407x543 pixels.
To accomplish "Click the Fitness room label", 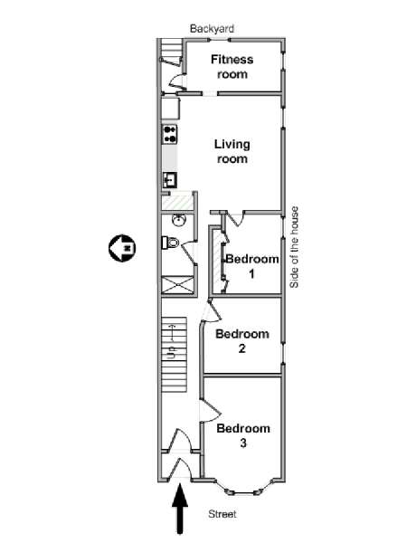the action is coord(232,67).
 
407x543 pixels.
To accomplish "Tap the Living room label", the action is coord(232,151).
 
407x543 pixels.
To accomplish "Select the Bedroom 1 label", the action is coord(252,266).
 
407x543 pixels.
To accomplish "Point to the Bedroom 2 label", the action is coord(242,341).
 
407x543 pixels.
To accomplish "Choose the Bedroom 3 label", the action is coord(243,435).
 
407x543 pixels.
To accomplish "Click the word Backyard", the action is coord(212,29).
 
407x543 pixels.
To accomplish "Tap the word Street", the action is coord(222,514).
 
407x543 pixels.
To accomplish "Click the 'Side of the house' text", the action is coord(294,247).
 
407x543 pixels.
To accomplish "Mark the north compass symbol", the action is coord(122,248).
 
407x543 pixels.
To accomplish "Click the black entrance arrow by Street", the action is coord(180,509).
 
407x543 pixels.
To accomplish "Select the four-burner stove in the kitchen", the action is coord(170,134).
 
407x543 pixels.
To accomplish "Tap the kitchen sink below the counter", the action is coord(170,180).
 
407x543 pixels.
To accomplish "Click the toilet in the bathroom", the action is coord(171,243).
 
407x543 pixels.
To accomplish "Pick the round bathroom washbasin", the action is coord(179,220).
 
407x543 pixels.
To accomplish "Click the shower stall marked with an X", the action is coord(177,285).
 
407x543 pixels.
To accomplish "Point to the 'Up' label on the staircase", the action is coord(171,353).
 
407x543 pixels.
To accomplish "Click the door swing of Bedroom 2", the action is coord(211,311).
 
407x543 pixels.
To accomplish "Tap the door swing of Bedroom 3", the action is coord(210,411).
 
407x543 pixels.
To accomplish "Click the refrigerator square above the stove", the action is coord(171,109).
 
